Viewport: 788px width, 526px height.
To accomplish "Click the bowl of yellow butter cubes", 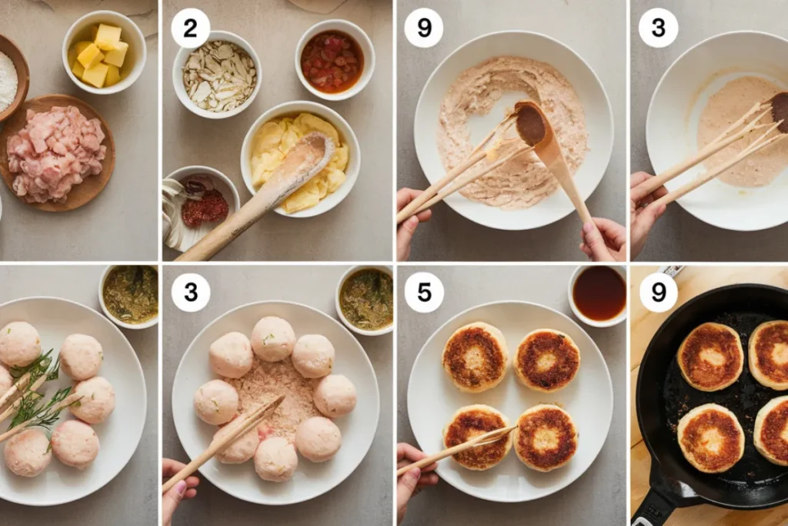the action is pos(104,52).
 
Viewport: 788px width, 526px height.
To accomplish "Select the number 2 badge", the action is pos(191,28).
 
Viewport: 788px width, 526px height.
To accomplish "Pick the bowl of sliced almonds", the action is pos(217,75).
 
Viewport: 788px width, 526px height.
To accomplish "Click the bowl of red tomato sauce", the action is pos(334,60).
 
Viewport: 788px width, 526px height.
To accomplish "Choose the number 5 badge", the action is pos(424,292).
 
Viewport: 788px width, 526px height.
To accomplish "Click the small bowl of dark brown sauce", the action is pos(599,294).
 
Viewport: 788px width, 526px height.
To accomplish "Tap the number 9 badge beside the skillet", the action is pos(659,292).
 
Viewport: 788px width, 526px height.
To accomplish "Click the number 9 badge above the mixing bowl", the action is pos(424,28).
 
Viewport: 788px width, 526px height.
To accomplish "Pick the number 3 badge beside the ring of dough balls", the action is pos(191,292).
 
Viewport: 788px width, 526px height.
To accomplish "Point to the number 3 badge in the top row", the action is pos(659,28).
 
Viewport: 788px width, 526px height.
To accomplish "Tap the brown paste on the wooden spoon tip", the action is pos(531,124).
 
